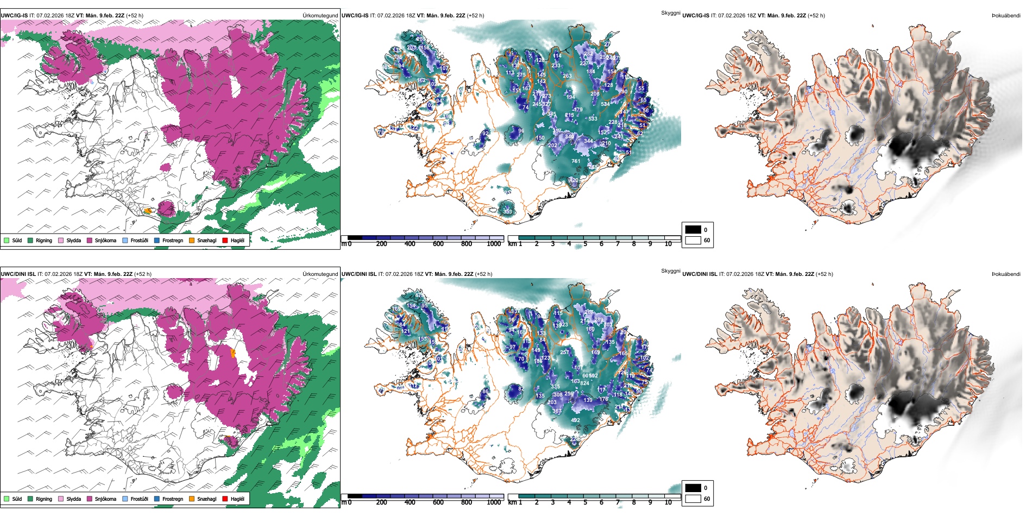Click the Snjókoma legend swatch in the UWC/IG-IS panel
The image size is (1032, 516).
pyautogui.click(x=90, y=240)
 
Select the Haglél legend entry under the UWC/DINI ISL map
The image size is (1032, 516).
pyautogui.click(x=225, y=499)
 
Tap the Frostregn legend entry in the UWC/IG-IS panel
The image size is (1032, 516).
pyautogui.click(x=157, y=240)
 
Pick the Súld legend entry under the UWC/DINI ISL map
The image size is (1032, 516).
pyautogui.click(x=7, y=499)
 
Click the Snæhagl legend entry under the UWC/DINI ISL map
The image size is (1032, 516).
pyautogui.click(x=192, y=499)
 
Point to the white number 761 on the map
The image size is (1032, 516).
pyautogui.click(x=576, y=161)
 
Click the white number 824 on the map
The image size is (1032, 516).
pyautogui.click(x=584, y=383)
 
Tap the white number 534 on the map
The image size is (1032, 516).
pyautogui.click(x=605, y=104)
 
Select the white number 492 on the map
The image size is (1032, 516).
pyautogui.click(x=575, y=420)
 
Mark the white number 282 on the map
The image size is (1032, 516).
pyautogui.click(x=588, y=54)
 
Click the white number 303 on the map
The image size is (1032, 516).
pyautogui.click(x=608, y=325)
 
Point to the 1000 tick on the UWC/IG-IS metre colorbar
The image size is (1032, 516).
pyautogui.click(x=494, y=244)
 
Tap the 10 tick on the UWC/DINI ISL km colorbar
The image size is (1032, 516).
pyautogui.click(x=668, y=502)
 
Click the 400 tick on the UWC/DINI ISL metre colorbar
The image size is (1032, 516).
pyautogui.click(x=410, y=502)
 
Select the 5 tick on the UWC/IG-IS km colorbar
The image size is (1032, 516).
pyautogui.click(x=585, y=244)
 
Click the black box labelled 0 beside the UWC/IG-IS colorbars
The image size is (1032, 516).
pyautogui.click(x=693, y=229)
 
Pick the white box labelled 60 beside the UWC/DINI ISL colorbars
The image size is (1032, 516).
pyautogui.click(x=693, y=499)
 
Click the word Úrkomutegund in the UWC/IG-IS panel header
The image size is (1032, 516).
pyautogui.click(x=320, y=16)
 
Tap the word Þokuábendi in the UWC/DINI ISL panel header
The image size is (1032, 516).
pyautogui.click(x=1006, y=274)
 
